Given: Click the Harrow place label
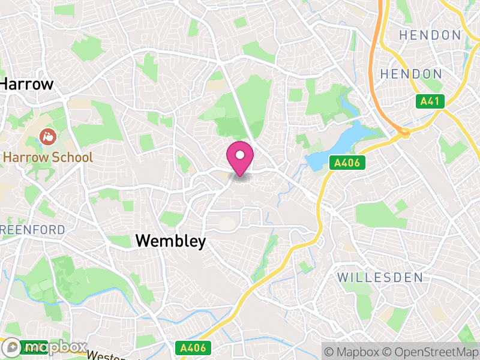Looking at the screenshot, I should point(27,84).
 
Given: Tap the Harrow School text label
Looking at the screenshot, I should point(48,158).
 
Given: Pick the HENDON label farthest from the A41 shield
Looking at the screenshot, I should point(430,35).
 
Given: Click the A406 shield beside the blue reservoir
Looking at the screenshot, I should point(347,163).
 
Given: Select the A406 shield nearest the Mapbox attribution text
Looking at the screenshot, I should point(193,347).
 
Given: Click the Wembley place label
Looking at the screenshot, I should point(170,241).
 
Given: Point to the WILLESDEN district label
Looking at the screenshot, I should point(380,278).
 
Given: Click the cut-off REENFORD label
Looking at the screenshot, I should point(32,230).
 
